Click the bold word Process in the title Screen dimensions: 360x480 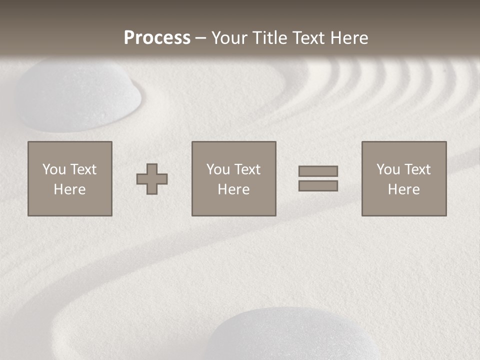click(x=157, y=38)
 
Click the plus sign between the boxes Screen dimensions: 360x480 click(x=152, y=179)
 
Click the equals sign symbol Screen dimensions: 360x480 click(x=318, y=178)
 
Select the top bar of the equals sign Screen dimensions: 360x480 click(x=318, y=171)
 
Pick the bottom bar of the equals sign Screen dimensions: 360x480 click(x=318, y=185)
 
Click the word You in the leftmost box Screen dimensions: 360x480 click(x=54, y=169)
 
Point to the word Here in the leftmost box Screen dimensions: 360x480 click(x=70, y=189)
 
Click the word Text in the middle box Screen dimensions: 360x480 click(x=246, y=169)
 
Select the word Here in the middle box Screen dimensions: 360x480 click(x=234, y=189)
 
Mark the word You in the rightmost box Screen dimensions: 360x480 click(x=388, y=169)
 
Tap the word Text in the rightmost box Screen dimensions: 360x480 click(x=416, y=169)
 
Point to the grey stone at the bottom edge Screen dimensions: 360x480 click(x=295, y=335)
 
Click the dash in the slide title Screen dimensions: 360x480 click(x=201, y=38)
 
